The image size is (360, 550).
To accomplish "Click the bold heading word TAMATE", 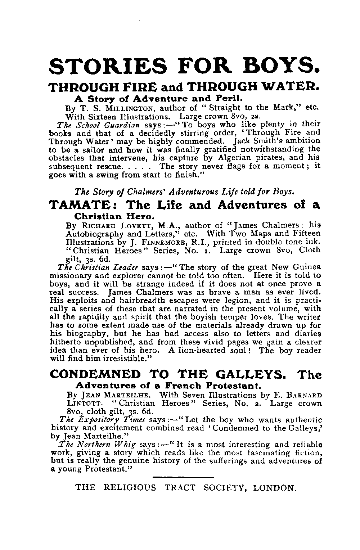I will [x=82, y=205].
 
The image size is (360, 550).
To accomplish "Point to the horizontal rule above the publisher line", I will [x=183, y=477].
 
